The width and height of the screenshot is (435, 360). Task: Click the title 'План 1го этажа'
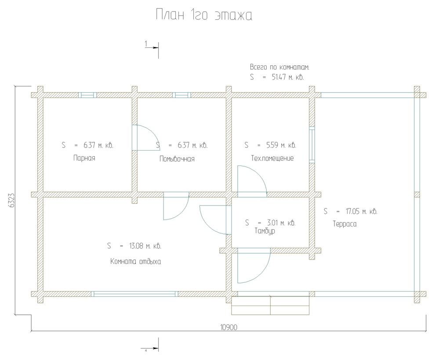204,15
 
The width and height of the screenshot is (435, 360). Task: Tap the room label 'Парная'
84,158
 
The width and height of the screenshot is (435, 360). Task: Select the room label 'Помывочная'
177,159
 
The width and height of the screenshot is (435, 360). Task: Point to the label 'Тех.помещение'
272,158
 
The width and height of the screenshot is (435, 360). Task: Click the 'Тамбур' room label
265,231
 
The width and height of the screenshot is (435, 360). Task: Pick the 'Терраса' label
344,224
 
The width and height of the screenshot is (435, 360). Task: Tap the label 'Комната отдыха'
136,261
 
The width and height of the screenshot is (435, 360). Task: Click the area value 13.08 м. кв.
145,246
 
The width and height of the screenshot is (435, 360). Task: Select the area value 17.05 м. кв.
362,212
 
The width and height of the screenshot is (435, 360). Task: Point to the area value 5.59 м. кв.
281,145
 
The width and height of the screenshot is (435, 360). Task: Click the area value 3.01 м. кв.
281,223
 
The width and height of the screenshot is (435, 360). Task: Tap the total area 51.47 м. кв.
288,77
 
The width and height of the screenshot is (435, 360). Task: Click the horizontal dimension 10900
229,328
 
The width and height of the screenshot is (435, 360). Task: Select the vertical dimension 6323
11,200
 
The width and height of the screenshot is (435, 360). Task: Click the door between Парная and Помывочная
145,137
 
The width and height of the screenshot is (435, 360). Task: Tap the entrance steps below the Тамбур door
270,306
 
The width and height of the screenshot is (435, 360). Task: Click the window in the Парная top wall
87,95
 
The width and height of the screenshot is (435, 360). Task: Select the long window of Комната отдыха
134,294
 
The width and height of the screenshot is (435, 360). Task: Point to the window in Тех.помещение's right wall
312,145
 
